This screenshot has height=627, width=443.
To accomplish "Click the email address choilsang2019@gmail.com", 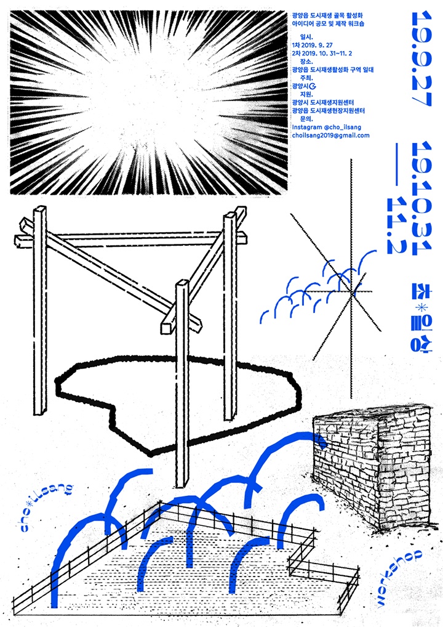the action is [331, 135].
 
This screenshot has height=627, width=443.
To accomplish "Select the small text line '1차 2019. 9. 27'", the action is [313, 45].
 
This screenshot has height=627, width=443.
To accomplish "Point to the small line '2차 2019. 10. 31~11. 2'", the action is [322, 53].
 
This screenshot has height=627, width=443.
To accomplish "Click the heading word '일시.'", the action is [306, 37].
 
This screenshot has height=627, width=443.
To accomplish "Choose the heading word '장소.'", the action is [306, 62].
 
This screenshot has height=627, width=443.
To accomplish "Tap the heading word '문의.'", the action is [306, 119].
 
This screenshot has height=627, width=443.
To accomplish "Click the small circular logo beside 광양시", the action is [313, 86].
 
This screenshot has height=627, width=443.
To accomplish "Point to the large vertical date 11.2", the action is [396, 226].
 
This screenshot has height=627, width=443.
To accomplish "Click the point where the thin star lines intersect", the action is [351, 291].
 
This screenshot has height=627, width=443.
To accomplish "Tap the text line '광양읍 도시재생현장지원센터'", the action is [329, 110].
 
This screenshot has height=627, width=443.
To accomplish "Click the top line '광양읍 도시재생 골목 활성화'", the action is [327, 15].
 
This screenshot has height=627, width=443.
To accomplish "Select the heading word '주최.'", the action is [306, 78].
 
